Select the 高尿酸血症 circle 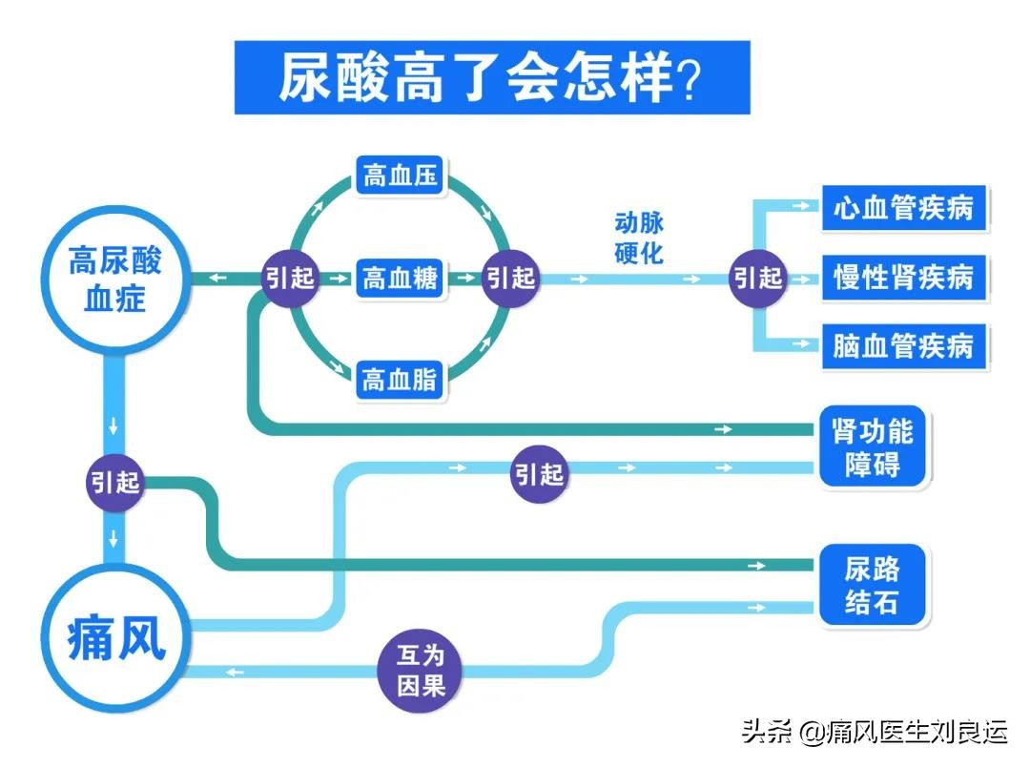pos(114,278)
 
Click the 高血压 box pos(400,176)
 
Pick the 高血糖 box pos(400,279)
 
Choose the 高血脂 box pos(400,381)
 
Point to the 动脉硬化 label pos(639,238)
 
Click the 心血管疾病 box pos(902,209)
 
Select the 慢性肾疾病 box pos(902,278)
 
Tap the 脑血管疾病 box pos(902,345)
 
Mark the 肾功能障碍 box pos(872,448)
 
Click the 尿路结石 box pos(872,586)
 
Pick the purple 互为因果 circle pos(421,672)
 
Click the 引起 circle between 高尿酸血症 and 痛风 pos(114,482)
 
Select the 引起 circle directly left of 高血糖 pos(290,278)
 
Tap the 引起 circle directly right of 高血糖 pos(510,278)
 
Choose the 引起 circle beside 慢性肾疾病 pos(758,278)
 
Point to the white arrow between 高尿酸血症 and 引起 pos(218,278)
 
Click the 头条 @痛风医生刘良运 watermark pos(874,732)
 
